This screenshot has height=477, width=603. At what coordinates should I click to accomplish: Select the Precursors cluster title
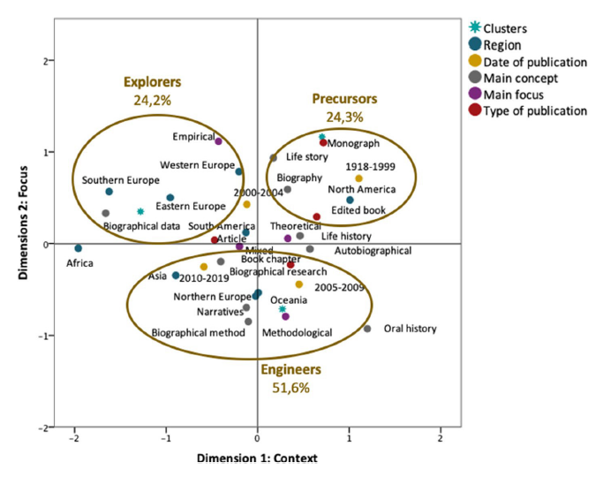click(344, 98)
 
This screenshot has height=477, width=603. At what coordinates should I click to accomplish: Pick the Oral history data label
click(410, 329)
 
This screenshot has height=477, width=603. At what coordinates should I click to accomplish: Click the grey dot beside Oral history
click(367, 329)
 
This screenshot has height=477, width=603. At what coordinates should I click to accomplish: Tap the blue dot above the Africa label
click(78, 248)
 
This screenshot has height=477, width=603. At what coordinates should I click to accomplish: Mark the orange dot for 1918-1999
click(358, 178)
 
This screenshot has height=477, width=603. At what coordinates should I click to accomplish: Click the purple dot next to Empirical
click(218, 141)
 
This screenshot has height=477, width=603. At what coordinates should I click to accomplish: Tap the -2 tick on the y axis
click(40, 428)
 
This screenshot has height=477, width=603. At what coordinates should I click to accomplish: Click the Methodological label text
click(297, 333)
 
